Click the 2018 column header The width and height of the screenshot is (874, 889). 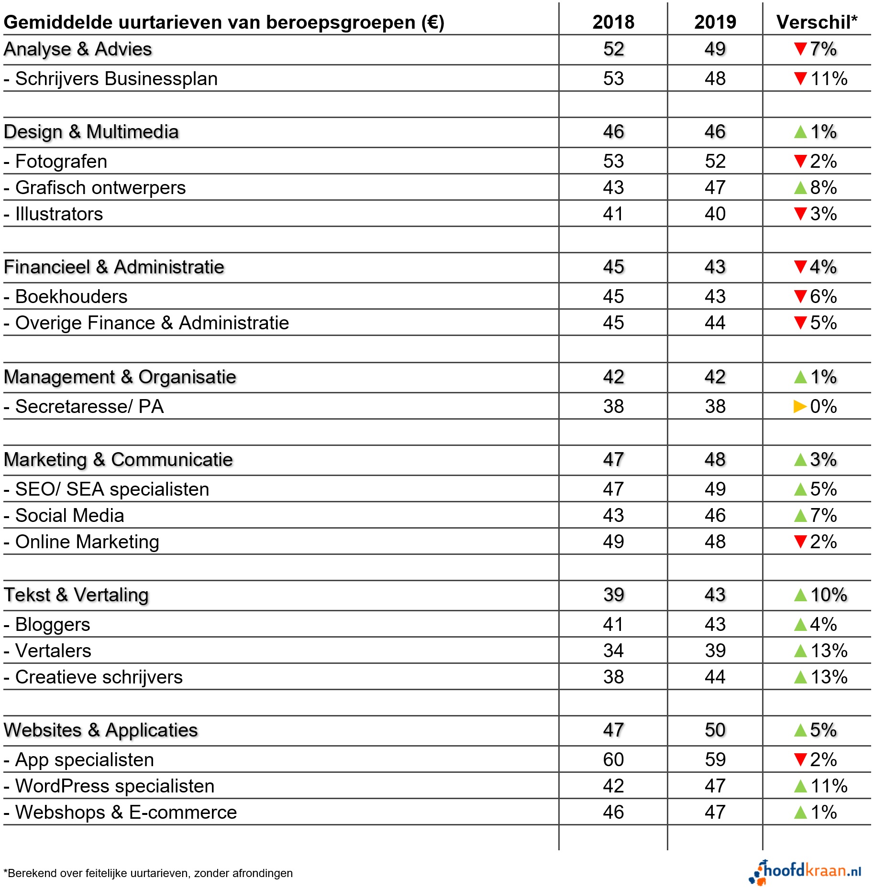tap(613, 22)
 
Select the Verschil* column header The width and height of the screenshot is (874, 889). tap(817, 22)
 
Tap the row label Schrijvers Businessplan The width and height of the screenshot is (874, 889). tap(116, 79)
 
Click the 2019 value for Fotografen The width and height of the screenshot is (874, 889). tap(715, 162)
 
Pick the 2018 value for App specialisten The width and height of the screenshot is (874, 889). tap(613, 759)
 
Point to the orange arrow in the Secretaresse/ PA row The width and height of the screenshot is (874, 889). tap(800, 407)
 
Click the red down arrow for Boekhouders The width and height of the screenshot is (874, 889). tap(800, 297)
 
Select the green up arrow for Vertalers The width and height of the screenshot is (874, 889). tap(800, 651)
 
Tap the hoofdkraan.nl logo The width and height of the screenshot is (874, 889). tap(806, 872)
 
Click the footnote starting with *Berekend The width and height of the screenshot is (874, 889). tap(148, 873)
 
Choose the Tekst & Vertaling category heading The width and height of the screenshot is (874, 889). tap(77, 595)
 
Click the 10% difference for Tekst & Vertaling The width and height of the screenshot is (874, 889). tap(829, 595)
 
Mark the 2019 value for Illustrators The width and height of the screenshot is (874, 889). tap(715, 214)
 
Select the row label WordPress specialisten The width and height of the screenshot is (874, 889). tap(115, 786)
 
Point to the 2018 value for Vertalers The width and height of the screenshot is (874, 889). tap(613, 651)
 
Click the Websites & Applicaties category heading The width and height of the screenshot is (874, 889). tap(101, 730)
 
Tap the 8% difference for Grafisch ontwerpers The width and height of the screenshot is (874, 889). tap(823, 188)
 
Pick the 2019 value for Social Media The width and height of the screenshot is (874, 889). tap(715, 516)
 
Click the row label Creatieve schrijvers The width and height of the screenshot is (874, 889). tap(99, 677)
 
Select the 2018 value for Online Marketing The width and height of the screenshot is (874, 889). tap(613, 542)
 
